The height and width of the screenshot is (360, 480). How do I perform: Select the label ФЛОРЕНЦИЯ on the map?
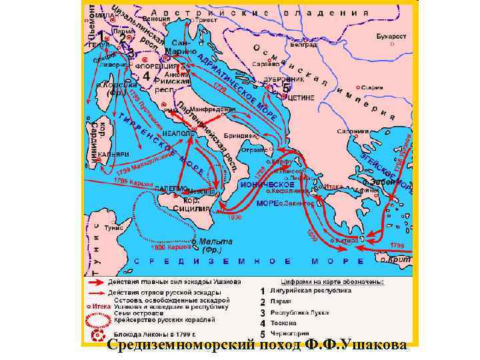pyautogui.click(x=155, y=67)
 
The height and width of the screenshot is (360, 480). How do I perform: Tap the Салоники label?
pyautogui.click(x=357, y=131)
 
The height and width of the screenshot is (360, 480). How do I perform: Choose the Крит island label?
pyautogui.click(x=401, y=257)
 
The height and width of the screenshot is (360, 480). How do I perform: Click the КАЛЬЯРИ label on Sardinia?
pyautogui.click(x=113, y=154)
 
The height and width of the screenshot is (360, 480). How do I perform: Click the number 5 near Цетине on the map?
pyautogui.click(x=286, y=87)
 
